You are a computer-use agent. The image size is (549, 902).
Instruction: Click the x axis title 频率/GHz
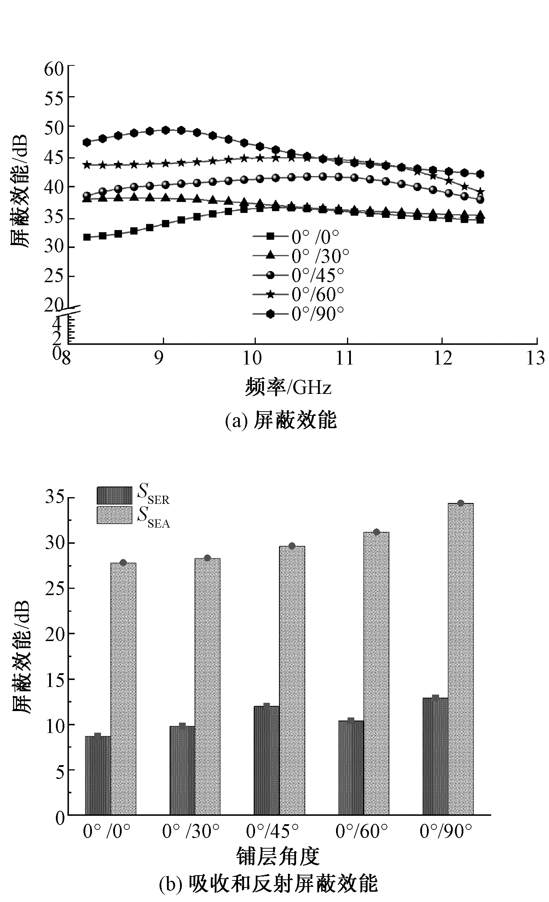click(288, 387)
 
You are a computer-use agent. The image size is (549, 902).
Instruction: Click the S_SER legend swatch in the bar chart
click(114, 496)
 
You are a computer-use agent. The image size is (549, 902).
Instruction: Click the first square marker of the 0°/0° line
click(87, 237)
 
